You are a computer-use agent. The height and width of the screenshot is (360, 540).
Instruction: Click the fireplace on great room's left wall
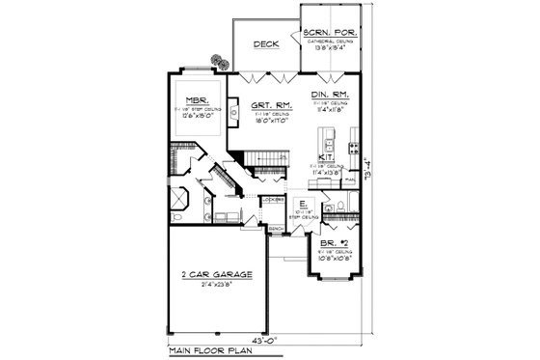click(x=233, y=113)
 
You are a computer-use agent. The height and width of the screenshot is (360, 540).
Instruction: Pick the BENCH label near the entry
click(x=275, y=230)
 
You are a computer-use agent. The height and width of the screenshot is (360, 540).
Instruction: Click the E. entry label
click(x=302, y=205)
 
